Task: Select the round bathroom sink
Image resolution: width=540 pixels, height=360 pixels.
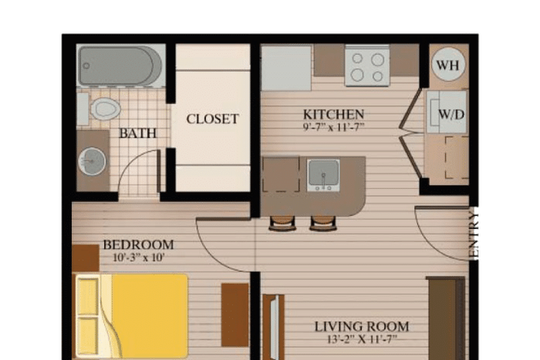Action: (92, 161)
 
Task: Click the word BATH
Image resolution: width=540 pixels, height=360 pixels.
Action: (133, 133)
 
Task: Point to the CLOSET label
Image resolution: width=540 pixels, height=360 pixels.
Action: (212, 119)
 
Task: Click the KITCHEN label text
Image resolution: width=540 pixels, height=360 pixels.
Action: (333, 114)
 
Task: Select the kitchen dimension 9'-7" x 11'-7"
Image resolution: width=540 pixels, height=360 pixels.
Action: (333, 127)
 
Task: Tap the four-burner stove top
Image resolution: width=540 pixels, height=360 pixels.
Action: (367, 65)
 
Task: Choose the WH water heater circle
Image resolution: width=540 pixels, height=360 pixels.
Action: (447, 64)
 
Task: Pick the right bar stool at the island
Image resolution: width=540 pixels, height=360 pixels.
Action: (322, 223)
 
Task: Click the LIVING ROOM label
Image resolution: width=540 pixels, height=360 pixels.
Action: (361, 327)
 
